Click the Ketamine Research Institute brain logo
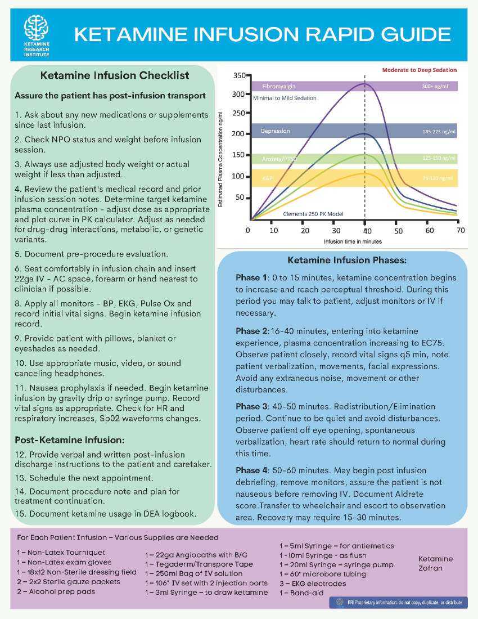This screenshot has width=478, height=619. pyautogui.click(x=36, y=28)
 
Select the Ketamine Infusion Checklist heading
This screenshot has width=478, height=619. pyautogui.click(x=115, y=75)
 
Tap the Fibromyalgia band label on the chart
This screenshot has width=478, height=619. pyautogui.click(x=278, y=87)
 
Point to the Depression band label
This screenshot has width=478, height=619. pyautogui.click(x=275, y=131)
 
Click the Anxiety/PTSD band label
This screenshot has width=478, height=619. pyautogui.click(x=279, y=159)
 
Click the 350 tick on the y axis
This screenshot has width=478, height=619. pyautogui.click(x=238, y=75)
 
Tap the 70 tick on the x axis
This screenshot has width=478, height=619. pyautogui.click(x=460, y=230)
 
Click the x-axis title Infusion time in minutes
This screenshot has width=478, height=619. pyautogui.click(x=353, y=241)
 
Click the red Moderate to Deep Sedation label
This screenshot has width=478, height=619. pyautogui.click(x=419, y=70)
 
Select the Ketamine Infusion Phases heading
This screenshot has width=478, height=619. pyautogui.click(x=343, y=261)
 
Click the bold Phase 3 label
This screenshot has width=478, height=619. pyautogui.click(x=249, y=406)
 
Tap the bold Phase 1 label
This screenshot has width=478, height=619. pyautogui.click(x=249, y=278)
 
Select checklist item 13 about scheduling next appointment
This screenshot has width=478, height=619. pyautogui.click(x=84, y=478)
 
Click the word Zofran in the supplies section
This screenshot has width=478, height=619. pyautogui.click(x=431, y=568)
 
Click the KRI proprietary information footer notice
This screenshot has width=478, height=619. pyautogui.click(x=398, y=602)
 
